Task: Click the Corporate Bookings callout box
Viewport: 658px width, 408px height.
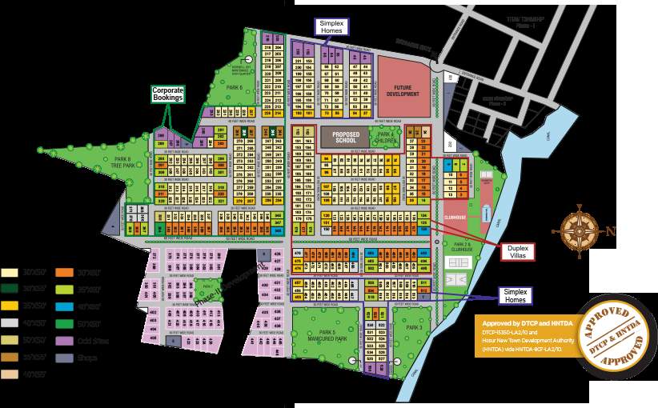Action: (x=175, y=94)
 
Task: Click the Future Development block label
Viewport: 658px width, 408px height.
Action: (x=403, y=90)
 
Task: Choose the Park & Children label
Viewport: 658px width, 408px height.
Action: (x=386, y=138)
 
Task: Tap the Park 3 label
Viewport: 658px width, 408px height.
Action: (x=415, y=328)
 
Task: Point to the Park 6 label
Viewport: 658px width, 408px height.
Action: (x=234, y=87)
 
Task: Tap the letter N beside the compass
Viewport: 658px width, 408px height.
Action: (x=617, y=233)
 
